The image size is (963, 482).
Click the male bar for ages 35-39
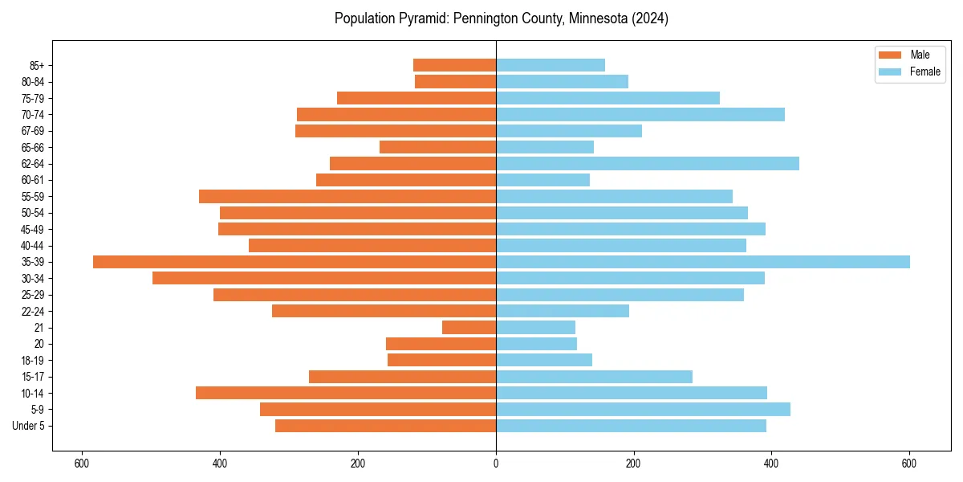tap(295, 262)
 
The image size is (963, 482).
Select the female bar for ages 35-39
tap(703, 262)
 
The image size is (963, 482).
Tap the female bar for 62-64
tap(648, 164)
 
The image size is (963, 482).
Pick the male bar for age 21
tap(469, 328)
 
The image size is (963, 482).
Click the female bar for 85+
tap(551, 65)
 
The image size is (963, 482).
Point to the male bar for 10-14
tap(346, 393)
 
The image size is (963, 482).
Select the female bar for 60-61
tap(543, 180)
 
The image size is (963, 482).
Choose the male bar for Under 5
tap(385, 426)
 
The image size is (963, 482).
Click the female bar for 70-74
tap(640, 115)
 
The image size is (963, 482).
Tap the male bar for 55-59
tap(347, 197)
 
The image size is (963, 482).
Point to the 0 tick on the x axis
tap(496, 463)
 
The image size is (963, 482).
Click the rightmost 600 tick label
tap(909, 463)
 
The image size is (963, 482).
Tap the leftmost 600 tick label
tap(81, 463)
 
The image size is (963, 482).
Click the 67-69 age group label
tap(33, 131)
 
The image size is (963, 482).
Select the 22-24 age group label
tap(33, 312)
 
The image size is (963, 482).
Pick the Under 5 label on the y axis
tap(29, 426)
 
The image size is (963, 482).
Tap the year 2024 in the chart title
tap(650, 18)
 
